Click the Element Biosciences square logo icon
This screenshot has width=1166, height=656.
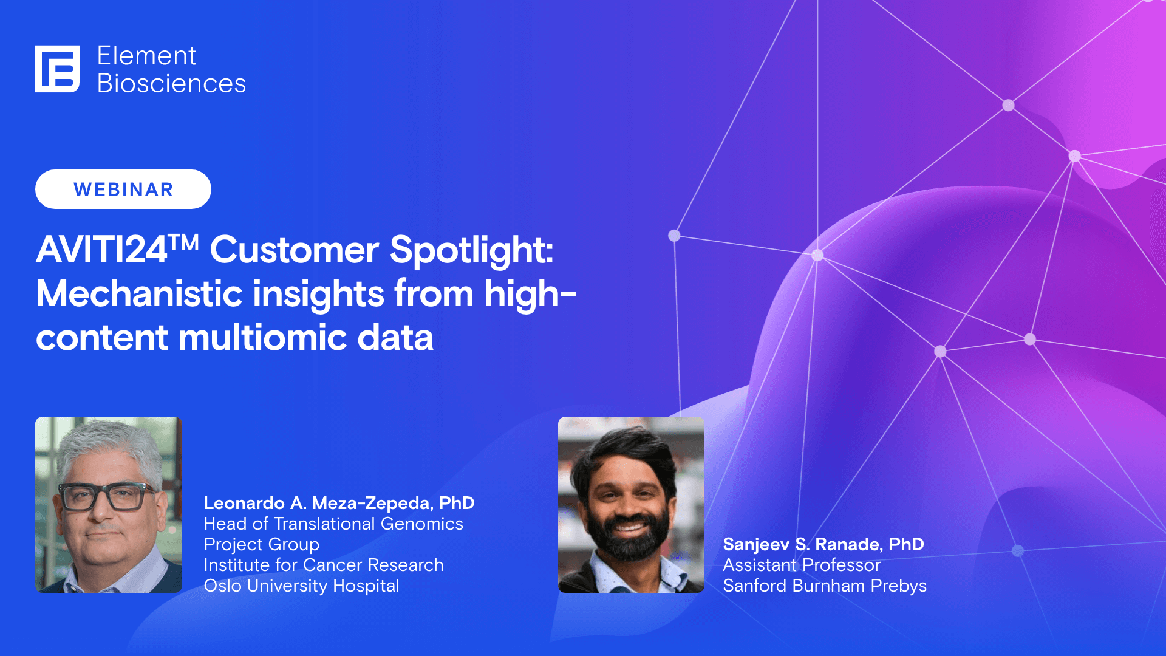tap(57, 69)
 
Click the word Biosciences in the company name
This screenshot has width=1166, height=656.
tap(171, 84)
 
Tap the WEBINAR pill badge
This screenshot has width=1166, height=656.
tap(123, 190)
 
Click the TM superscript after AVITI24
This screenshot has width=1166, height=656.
tap(184, 242)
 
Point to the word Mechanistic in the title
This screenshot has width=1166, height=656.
tap(140, 294)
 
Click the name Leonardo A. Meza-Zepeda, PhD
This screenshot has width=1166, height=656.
tap(338, 503)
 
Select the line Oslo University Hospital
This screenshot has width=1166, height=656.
tap(301, 586)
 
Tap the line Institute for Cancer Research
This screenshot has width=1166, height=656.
tap(323, 565)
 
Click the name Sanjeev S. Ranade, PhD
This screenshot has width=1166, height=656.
tap(823, 544)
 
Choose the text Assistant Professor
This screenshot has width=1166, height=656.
tap(801, 565)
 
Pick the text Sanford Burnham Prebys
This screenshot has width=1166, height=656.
tap(824, 586)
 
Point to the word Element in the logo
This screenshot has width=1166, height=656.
tap(146, 56)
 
